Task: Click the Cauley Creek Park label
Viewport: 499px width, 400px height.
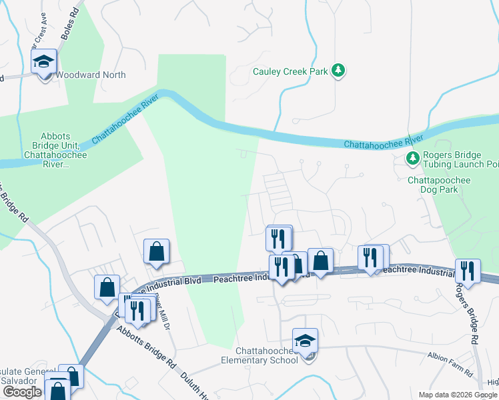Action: tap(290, 71)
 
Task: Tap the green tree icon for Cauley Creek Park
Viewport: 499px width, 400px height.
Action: tap(339, 71)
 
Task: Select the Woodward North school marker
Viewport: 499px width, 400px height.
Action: tap(44, 64)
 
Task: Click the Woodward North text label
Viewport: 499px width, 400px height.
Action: tap(90, 75)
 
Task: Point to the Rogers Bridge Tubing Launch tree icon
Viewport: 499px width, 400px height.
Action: tap(412, 159)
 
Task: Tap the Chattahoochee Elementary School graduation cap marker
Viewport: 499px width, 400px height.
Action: tap(305, 342)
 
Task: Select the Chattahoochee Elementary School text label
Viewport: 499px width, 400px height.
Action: tap(260, 356)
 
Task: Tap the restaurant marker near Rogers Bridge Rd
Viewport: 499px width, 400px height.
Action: tap(468, 271)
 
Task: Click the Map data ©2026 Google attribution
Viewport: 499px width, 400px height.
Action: tap(458, 395)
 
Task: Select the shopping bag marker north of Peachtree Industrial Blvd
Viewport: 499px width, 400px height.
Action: tap(156, 252)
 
